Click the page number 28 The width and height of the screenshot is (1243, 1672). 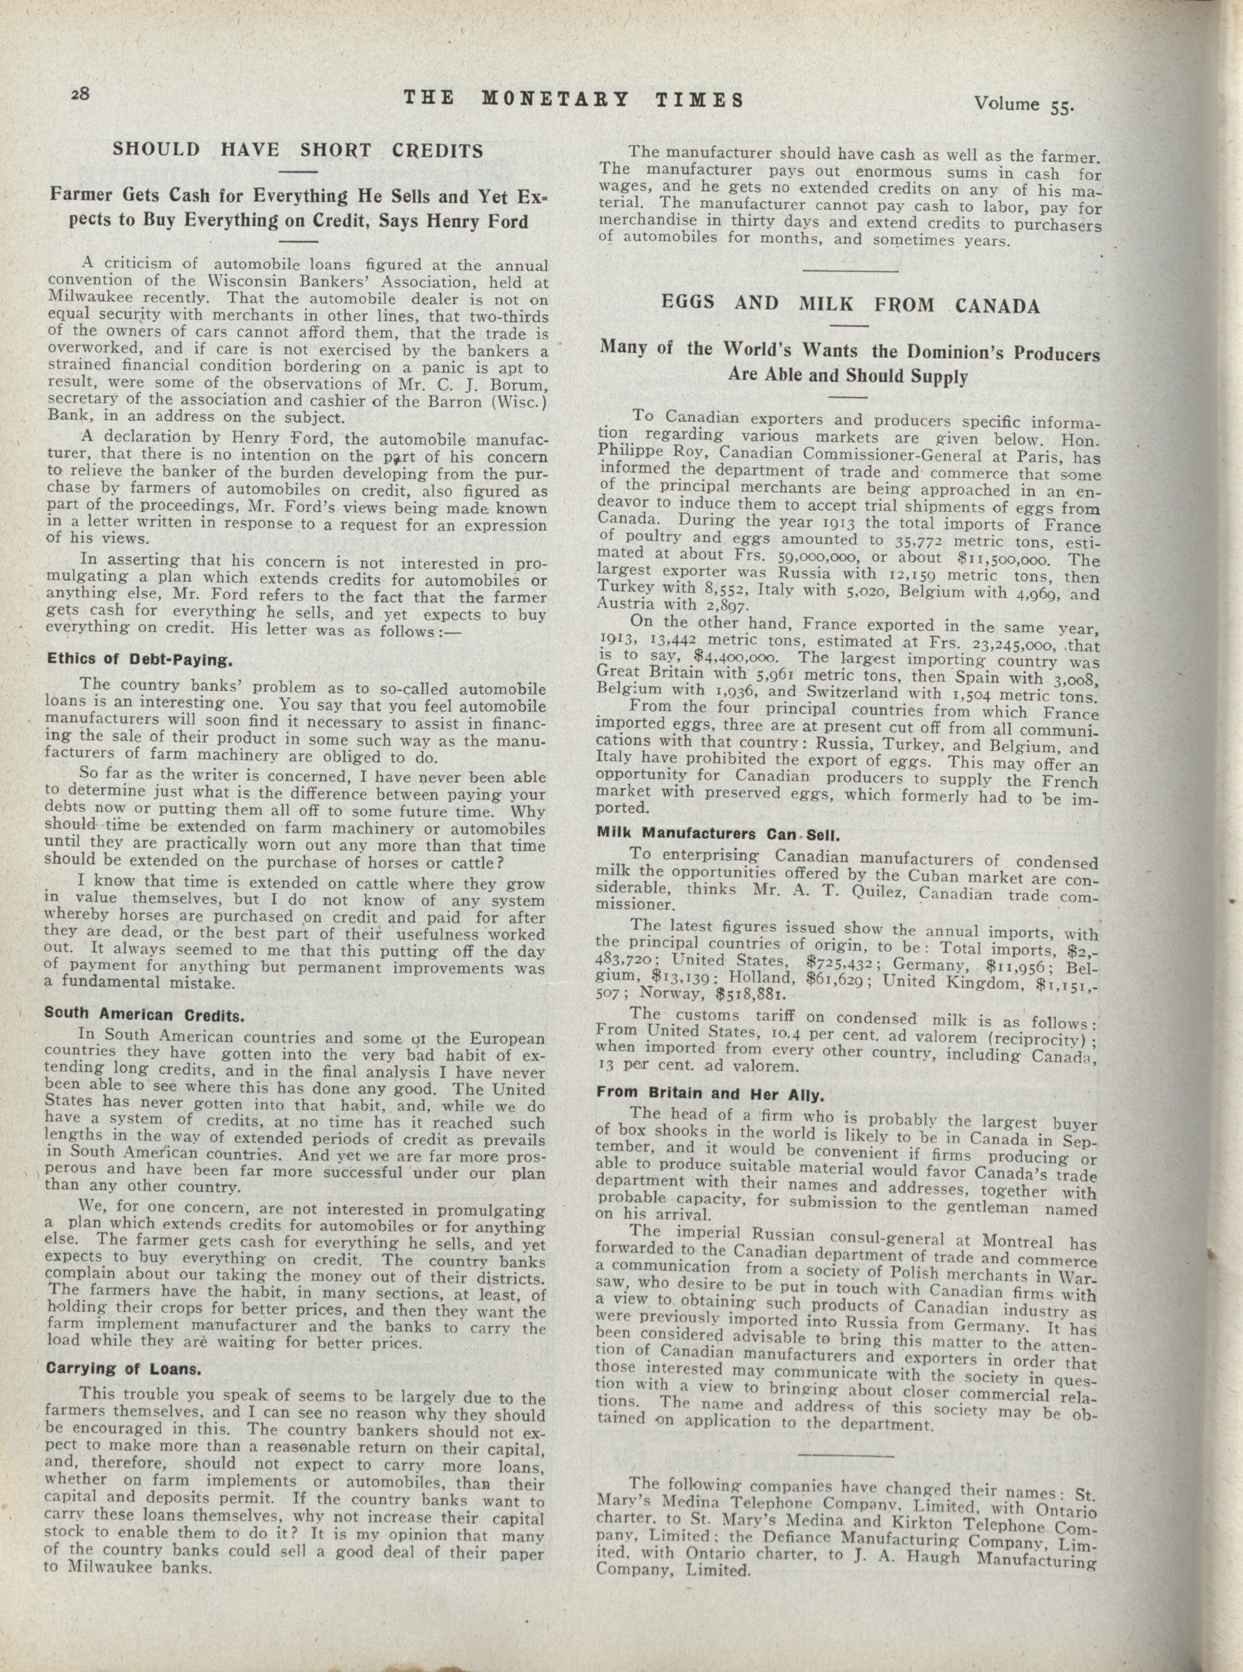coord(80,93)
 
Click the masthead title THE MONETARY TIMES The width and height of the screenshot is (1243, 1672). coord(573,99)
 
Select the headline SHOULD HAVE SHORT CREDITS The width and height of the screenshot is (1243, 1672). coord(298,150)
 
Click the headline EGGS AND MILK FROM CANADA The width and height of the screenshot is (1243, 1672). coord(850,305)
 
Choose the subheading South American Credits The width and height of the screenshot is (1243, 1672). coord(144,1015)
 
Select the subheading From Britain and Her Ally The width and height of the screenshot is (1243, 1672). coord(711,1093)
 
